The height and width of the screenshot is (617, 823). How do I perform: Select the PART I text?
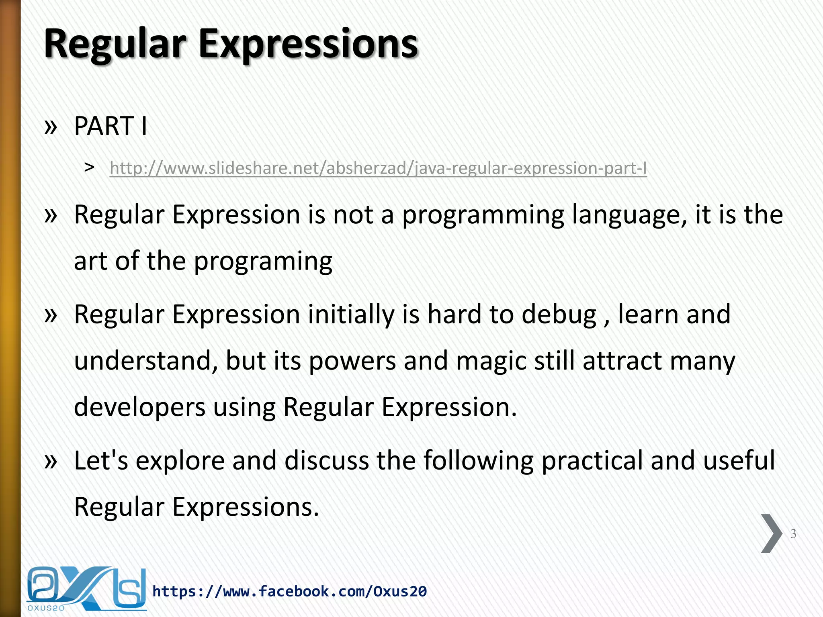(x=111, y=126)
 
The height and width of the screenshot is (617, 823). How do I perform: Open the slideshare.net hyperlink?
(x=378, y=168)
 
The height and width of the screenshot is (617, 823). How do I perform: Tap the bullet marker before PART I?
(x=51, y=127)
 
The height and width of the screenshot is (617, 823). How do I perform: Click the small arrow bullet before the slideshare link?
(x=89, y=167)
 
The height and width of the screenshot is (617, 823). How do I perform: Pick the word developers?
(x=139, y=407)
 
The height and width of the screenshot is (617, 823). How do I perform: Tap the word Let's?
(x=101, y=460)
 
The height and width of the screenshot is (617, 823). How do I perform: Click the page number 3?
(x=793, y=534)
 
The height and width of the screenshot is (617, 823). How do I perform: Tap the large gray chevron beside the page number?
(x=771, y=533)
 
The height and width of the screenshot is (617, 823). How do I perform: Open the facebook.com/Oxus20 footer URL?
(x=289, y=591)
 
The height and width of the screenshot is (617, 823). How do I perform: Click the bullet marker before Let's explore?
(x=51, y=461)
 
